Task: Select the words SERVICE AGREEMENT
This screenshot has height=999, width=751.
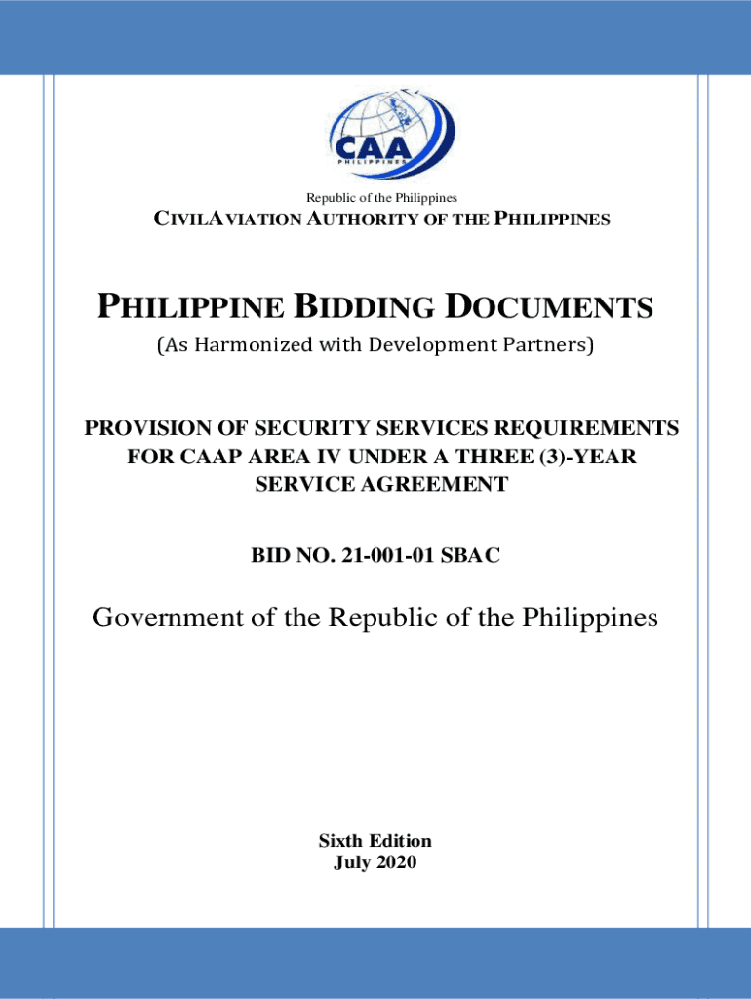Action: click(381, 484)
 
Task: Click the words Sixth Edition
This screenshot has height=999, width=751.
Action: click(375, 841)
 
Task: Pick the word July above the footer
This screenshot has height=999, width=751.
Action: click(352, 861)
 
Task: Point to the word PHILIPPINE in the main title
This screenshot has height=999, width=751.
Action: click(189, 309)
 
